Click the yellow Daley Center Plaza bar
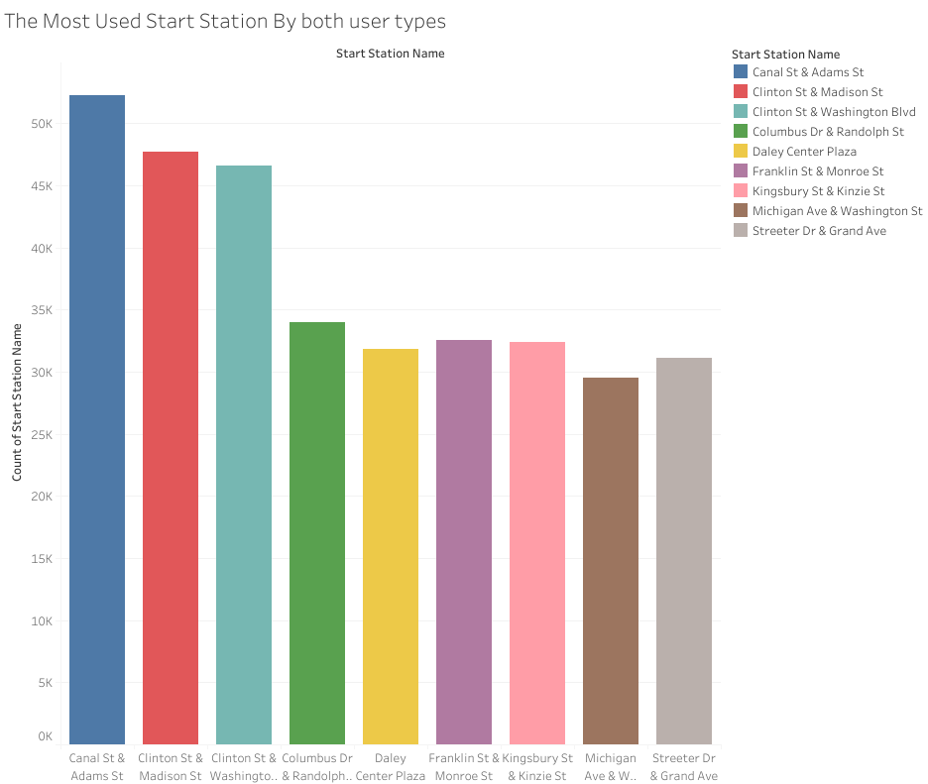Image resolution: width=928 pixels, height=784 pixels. point(391,546)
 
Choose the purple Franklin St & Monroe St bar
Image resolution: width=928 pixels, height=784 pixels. point(464,542)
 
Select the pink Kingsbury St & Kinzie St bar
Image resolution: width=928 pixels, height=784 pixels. point(537,543)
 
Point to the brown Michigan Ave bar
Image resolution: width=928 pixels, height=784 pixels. point(611,561)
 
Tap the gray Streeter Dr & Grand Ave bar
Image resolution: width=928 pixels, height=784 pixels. point(684,551)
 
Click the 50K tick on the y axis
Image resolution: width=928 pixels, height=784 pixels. point(40,124)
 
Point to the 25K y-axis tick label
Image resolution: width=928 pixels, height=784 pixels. point(40,435)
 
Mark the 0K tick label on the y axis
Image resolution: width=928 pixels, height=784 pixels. point(45,736)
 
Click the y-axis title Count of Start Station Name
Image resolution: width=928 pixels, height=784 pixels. point(17,401)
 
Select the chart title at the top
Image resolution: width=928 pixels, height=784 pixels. point(225,21)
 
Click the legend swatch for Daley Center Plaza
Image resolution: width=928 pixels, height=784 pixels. point(741,152)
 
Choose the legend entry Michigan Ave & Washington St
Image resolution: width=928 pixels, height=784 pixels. point(837,211)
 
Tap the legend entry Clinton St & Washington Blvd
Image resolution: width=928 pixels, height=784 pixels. point(833,112)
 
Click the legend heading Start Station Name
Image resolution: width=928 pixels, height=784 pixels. point(785,55)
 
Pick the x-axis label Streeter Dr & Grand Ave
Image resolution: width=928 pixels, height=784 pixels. point(684,767)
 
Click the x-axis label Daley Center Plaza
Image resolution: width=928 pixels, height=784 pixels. point(391,767)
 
